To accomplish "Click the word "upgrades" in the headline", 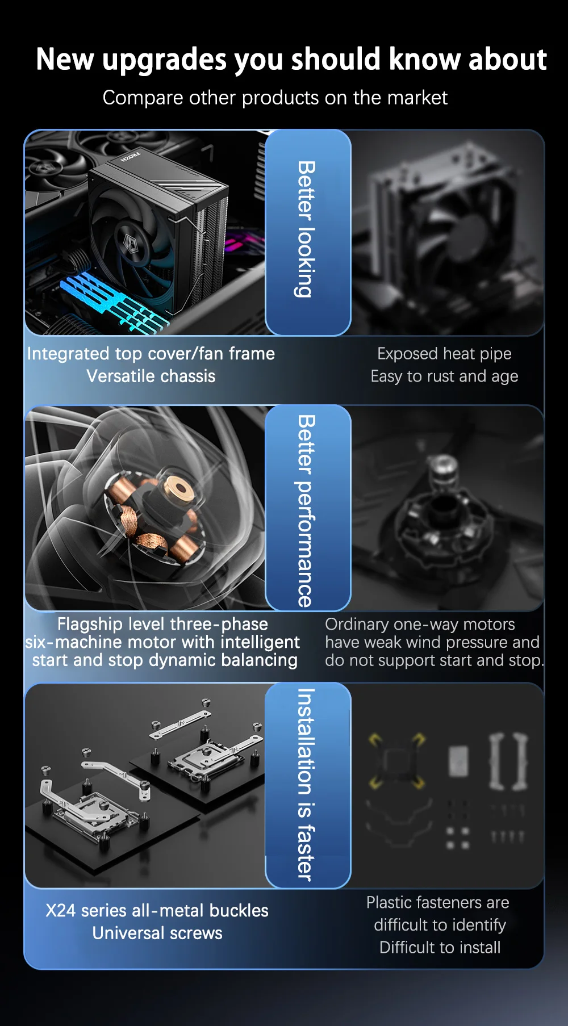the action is point(164,60).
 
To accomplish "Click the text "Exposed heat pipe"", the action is point(444,354).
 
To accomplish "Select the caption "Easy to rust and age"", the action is point(444,376).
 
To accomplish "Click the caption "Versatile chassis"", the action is point(151,376).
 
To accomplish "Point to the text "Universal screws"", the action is point(157,933).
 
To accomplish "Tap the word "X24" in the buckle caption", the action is point(60,910).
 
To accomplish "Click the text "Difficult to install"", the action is point(440,947).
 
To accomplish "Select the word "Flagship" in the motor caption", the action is point(90,624).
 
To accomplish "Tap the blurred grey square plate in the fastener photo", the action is point(459,761).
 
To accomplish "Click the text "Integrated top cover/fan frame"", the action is point(151,354).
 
